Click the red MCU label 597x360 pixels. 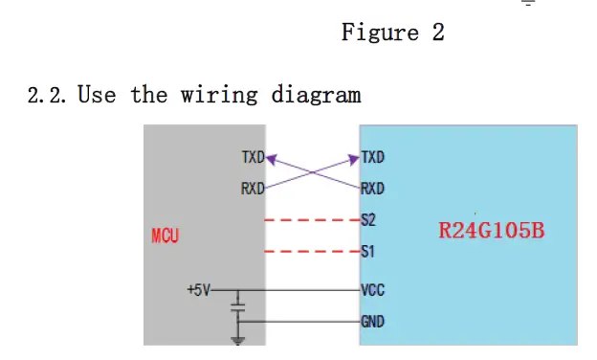click(x=166, y=236)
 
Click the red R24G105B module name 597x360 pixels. click(x=491, y=231)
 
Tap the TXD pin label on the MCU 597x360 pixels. click(x=253, y=157)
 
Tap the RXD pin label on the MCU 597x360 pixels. click(x=253, y=189)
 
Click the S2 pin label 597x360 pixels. click(x=368, y=220)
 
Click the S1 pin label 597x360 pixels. click(x=368, y=253)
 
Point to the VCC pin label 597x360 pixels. click(x=372, y=289)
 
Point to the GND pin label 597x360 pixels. click(x=372, y=322)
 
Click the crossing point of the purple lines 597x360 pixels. click(x=314, y=172)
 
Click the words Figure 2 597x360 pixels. click(x=393, y=33)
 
